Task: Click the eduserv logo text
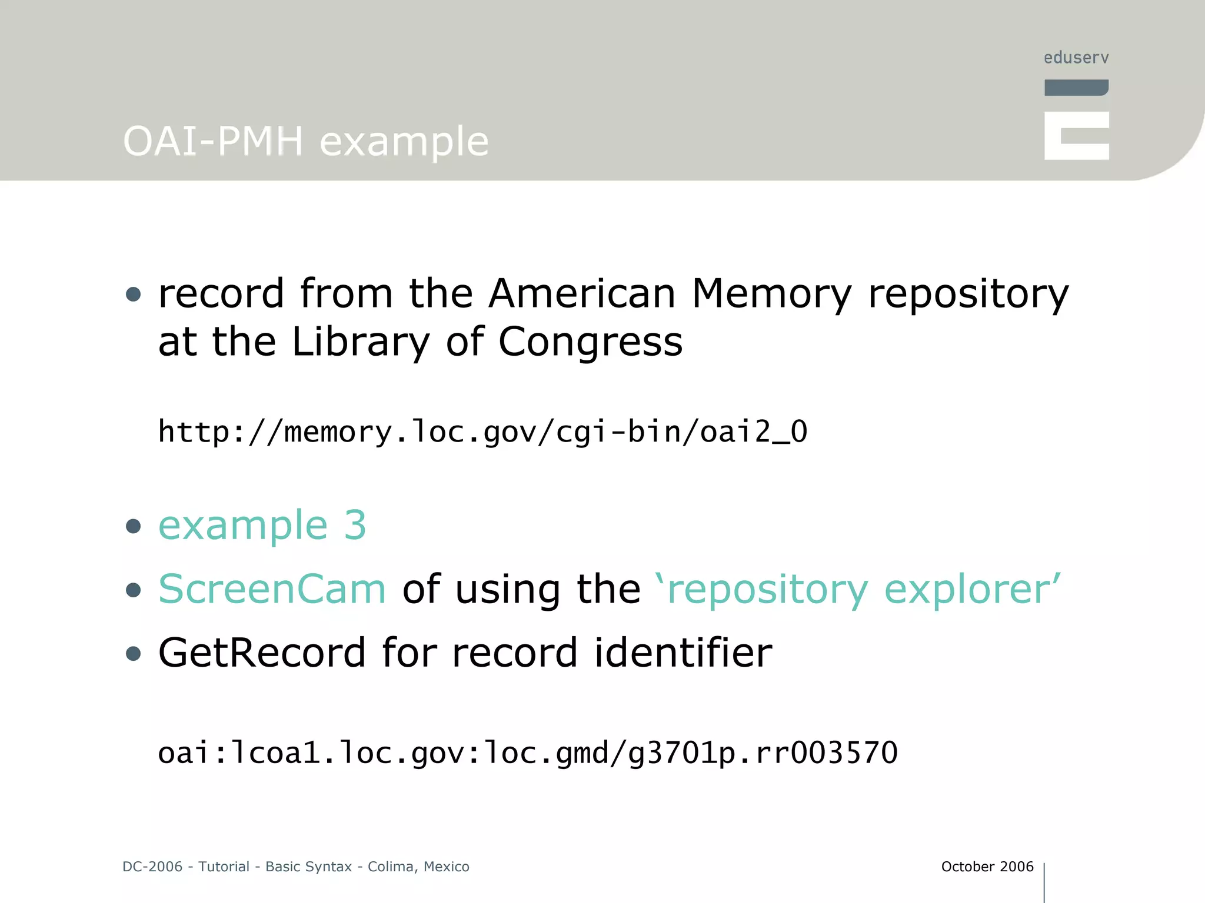(x=1076, y=58)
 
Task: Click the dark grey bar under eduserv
(x=1076, y=88)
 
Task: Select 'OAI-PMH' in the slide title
(x=213, y=142)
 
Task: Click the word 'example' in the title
(x=404, y=142)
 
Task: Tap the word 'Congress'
(x=590, y=342)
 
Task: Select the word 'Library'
(x=361, y=342)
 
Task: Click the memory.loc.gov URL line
(x=482, y=432)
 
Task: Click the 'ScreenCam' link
(x=272, y=588)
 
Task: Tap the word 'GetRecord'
(x=262, y=653)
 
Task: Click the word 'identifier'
(x=683, y=653)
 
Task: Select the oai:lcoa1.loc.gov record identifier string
(x=528, y=753)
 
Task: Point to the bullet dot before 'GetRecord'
(x=134, y=654)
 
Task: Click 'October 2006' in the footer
(x=987, y=867)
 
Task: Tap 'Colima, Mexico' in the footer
(x=418, y=867)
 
